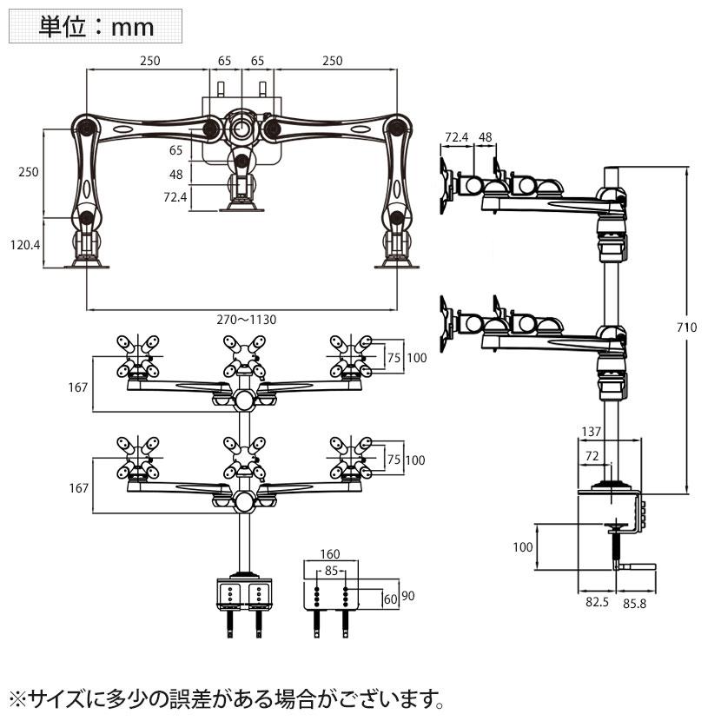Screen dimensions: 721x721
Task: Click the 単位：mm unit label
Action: coord(96,27)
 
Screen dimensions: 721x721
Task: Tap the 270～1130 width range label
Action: coord(247,320)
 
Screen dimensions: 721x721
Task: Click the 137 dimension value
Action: coord(592,431)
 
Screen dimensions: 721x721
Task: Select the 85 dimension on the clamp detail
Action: coord(330,572)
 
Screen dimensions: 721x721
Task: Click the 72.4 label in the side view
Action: coord(457,137)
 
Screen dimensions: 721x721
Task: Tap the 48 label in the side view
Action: coord(486,137)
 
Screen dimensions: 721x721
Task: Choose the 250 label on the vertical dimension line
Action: coord(28,172)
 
